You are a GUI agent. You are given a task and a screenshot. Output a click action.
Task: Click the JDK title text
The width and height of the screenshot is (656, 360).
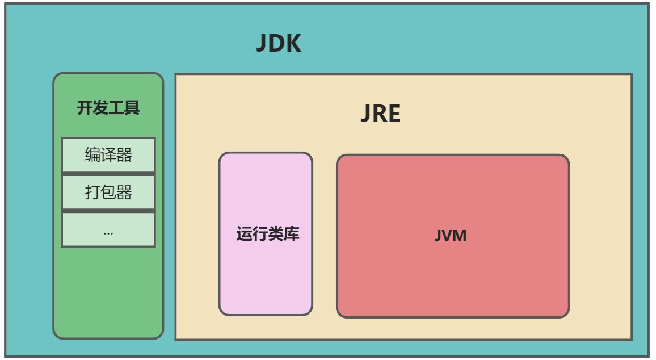pyautogui.click(x=278, y=44)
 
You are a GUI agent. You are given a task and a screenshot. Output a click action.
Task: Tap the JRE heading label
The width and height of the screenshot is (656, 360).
pyautogui.click(x=380, y=114)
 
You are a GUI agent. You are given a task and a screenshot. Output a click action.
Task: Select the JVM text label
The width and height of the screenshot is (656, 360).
pyautogui.click(x=451, y=236)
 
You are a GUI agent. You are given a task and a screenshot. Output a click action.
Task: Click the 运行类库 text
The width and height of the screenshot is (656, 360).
pyautogui.click(x=267, y=234)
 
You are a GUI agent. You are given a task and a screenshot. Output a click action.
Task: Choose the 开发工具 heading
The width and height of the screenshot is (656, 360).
pyautogui.click(x=108, y=108)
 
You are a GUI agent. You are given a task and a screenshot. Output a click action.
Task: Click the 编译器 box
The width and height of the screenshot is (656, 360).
pyautogui.click(x=108, y=155)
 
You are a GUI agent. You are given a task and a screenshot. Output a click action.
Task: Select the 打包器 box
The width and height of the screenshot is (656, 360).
pyautogui.click(x=108, y=192)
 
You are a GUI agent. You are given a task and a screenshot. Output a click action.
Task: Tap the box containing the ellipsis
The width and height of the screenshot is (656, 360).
pyautogui.click(x=108, y=230)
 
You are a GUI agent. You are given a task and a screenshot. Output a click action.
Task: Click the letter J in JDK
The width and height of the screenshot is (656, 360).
pyautogui.click(x=262, y=44)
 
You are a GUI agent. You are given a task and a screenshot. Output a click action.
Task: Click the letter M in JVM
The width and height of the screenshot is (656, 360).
pyautogui.click(x=459, y=236)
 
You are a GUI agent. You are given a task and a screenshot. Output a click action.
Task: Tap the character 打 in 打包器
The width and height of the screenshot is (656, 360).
pyautogui.click(x=92, y=192)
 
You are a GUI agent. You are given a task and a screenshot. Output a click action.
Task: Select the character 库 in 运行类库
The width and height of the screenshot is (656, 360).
pyautogui.click(x=292, y=234)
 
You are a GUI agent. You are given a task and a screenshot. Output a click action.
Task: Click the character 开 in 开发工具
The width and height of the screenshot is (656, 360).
pyautogui.click(x=85, y=108)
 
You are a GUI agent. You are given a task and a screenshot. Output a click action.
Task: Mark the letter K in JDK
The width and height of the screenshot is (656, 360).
pyautogui.click(x=293, y=44)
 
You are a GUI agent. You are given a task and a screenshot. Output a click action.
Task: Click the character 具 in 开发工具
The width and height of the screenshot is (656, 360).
pyautogui.click(x=132, y=108)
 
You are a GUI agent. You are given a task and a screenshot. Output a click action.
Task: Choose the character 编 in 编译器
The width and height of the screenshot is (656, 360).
pyautogui.click(x=92, y=155)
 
